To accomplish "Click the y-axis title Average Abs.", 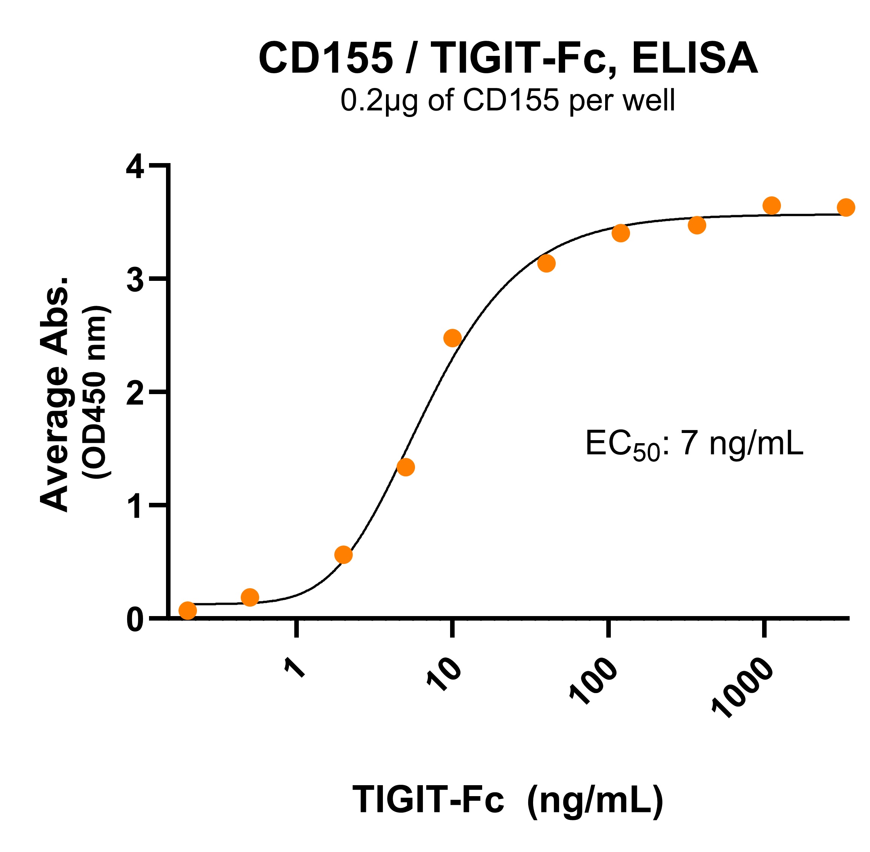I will tap(55, 394).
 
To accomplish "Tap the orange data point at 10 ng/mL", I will tap(452, 338).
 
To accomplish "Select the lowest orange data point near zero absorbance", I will tap(188, 610).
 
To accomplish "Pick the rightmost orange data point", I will tap(845, 207).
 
